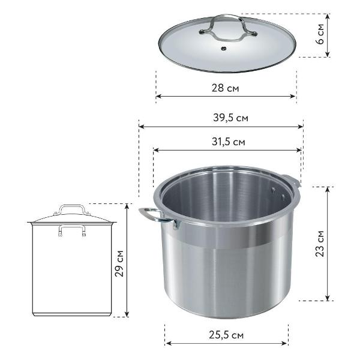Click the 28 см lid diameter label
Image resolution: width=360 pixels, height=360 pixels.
(x=226, y=88)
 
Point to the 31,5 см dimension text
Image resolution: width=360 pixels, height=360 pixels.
(x=228, y=142)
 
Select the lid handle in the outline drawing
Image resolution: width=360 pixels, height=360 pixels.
(x=71, y=210)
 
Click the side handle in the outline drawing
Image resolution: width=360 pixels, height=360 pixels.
(x=71, y=230)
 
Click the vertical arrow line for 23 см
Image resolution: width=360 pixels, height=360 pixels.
(x=328, y=243)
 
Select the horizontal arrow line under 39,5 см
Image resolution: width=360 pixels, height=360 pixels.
(x=221, y=127)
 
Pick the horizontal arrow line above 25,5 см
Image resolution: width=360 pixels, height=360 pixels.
(x=227, y=343)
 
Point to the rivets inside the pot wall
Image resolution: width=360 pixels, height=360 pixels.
(x=276, y=192)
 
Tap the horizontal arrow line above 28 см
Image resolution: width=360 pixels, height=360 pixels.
(x=226, y=95)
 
